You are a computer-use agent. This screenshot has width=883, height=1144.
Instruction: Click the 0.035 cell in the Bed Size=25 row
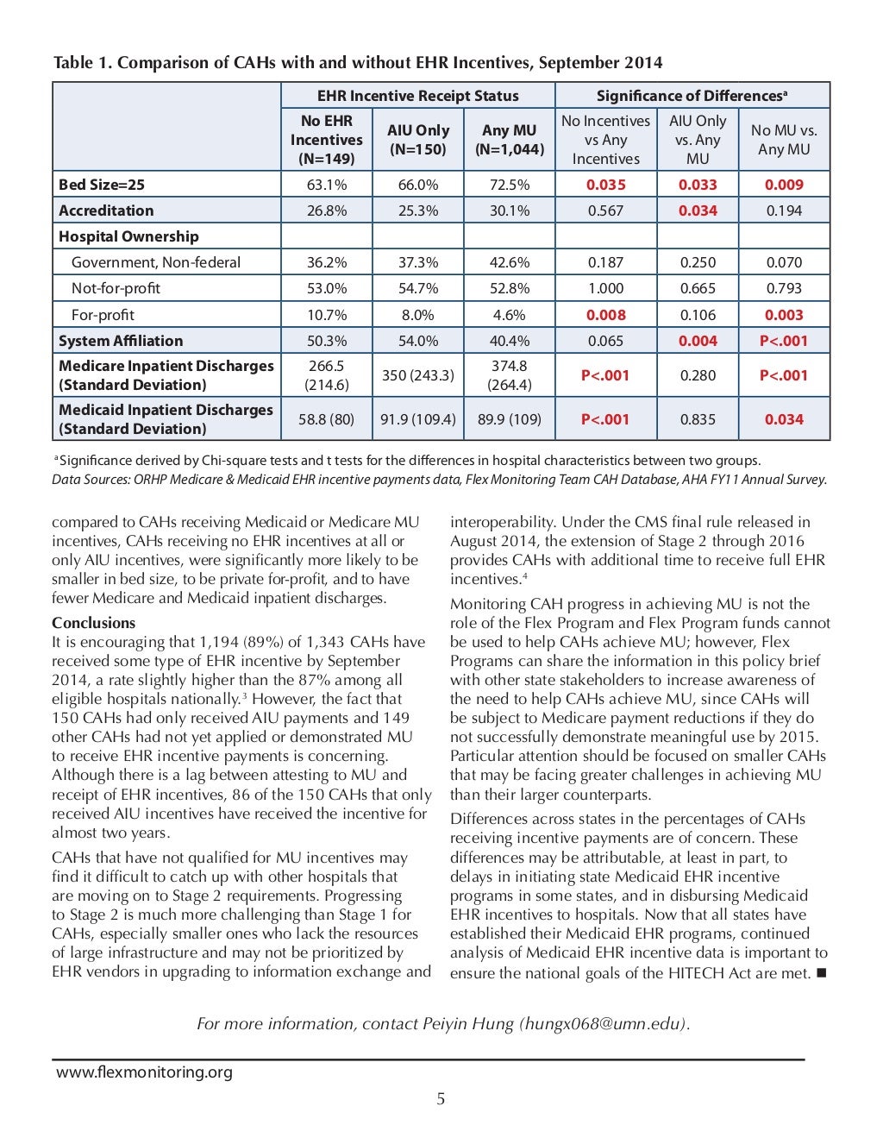pos(605,185)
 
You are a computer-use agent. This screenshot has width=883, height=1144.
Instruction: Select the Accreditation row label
pos(106,211)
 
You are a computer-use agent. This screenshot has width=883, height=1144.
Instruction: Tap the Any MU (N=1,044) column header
pos(509,140)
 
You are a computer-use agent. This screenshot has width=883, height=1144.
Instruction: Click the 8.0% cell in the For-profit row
pos(417,315)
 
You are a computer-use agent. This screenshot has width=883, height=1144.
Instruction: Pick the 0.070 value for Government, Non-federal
pos(783,262)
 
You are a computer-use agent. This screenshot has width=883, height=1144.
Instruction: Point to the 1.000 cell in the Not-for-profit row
pos(605,288)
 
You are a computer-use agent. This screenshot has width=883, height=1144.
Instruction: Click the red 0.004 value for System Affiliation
pos(697,341)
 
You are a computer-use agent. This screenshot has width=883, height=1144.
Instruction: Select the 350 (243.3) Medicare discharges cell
pos(417,375)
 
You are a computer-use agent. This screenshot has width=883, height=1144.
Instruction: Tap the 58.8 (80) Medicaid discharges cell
pos(326,419)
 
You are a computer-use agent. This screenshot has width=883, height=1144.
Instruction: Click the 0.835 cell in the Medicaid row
pos(697,419)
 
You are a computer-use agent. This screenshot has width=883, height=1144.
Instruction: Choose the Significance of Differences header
pos(692,96)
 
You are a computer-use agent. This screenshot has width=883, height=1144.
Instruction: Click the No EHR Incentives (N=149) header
pos(326,140)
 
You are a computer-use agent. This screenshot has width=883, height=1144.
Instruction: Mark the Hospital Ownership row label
pos(128,236)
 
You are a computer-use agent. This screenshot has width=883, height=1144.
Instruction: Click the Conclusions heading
pos(94,623)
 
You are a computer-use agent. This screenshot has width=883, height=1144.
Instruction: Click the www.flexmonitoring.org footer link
pos(144,1072)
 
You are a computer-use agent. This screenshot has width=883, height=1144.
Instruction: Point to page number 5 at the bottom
pos(441,1099)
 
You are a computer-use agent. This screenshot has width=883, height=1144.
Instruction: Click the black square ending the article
pos(820,974)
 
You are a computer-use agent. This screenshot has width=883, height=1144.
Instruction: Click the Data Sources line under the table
pos(439,480)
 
